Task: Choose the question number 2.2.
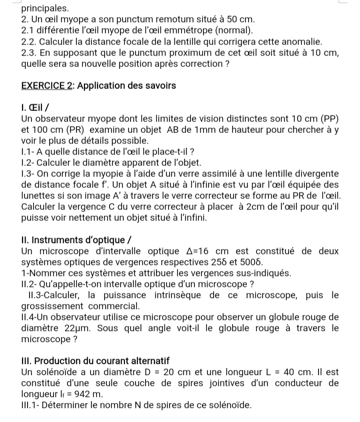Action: click(x=30, y=42)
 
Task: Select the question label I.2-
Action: click(x=30, y=162)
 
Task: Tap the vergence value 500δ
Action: click(x=251, y=262)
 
